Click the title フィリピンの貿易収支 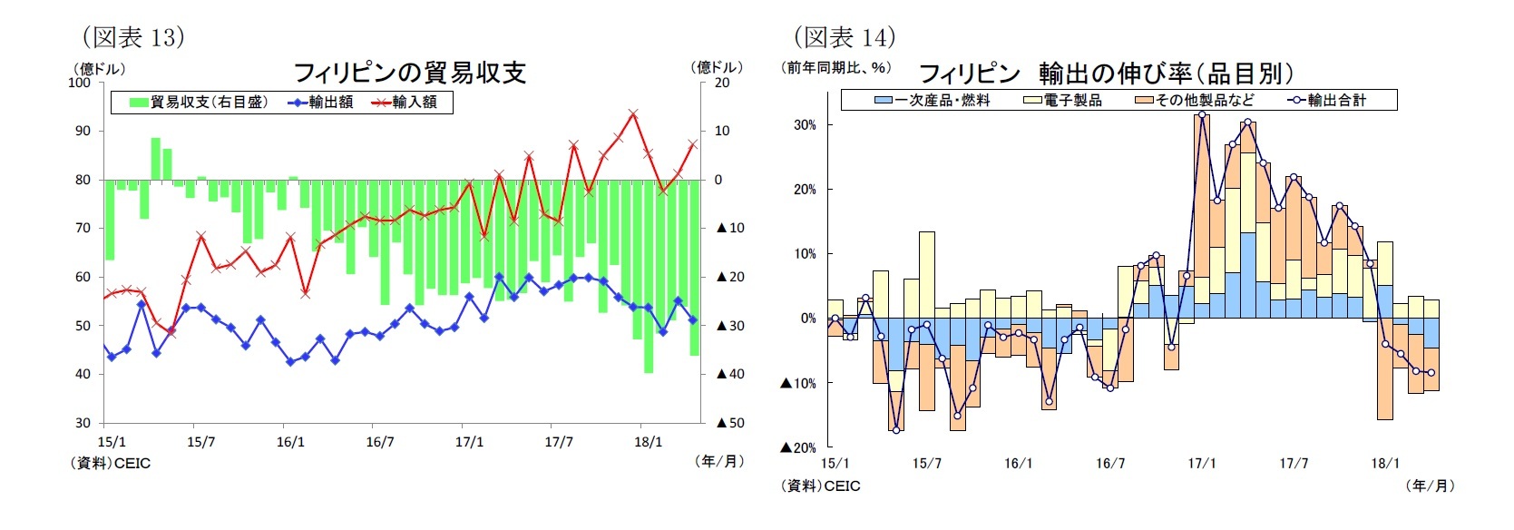click(x=410, y=72)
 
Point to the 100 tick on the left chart click(x=80, y=83)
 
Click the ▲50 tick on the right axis click(x=730, y=423)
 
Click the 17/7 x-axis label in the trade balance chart click(x=559, y=442)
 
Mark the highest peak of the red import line click(x=633, y=114)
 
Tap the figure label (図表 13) click(x=133, y=36)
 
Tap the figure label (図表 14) click(x=845, y=36)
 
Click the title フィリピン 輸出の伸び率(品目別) click(x=1106, y=73)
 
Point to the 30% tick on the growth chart click(x=805, y=125)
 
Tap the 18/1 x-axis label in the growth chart click(x=1384, y=463)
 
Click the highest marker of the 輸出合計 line click(x=1202, y=114)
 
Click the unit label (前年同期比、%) click(x=837, y=67)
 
